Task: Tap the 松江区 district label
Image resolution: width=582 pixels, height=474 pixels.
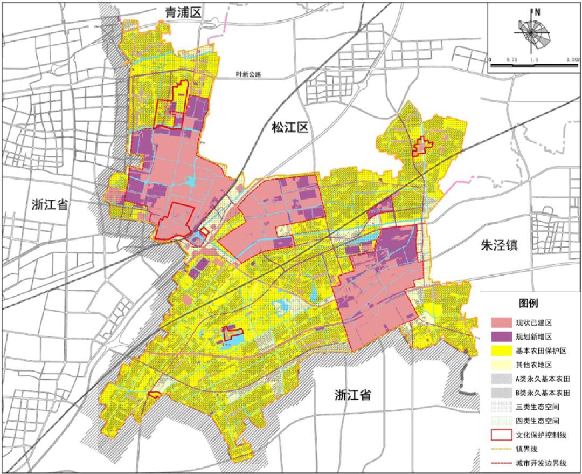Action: click(289, 128)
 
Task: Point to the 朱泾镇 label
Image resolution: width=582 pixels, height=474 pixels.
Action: click(500, 246)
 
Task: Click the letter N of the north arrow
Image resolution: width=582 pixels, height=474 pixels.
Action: click(537, 11)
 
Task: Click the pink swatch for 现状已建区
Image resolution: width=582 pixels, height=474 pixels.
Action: click(502, 322)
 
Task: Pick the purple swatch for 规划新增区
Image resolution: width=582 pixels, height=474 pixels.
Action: click(502, 336)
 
